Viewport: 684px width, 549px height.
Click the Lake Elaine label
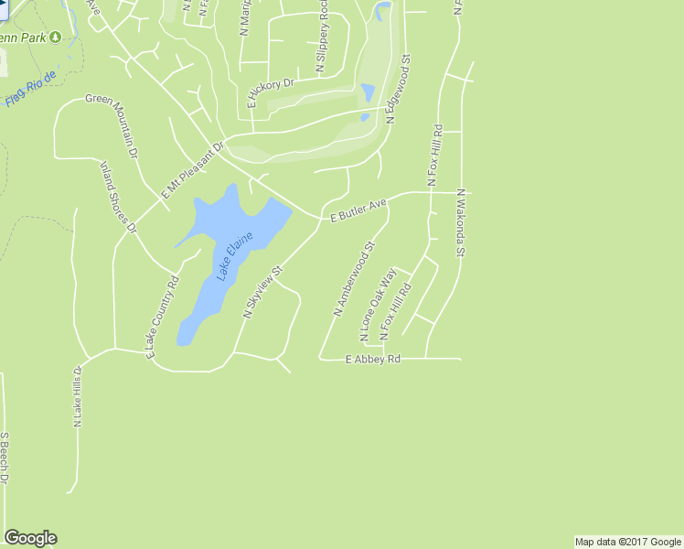click(x=233, y=256)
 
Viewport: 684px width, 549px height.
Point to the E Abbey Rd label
click(x=373, y=360)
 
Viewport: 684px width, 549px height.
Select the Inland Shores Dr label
click(x=118, y=197)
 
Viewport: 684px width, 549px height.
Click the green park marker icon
click(x=55, y=37)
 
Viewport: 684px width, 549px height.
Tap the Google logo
click(x=30, y=538)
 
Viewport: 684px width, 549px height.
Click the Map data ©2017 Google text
click(x=627, y=542)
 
